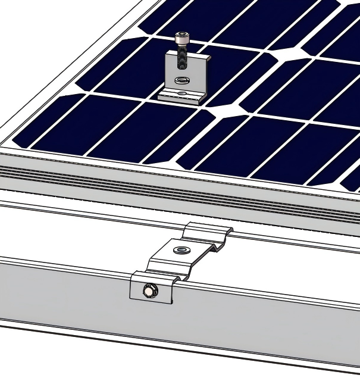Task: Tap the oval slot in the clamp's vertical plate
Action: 181,80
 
